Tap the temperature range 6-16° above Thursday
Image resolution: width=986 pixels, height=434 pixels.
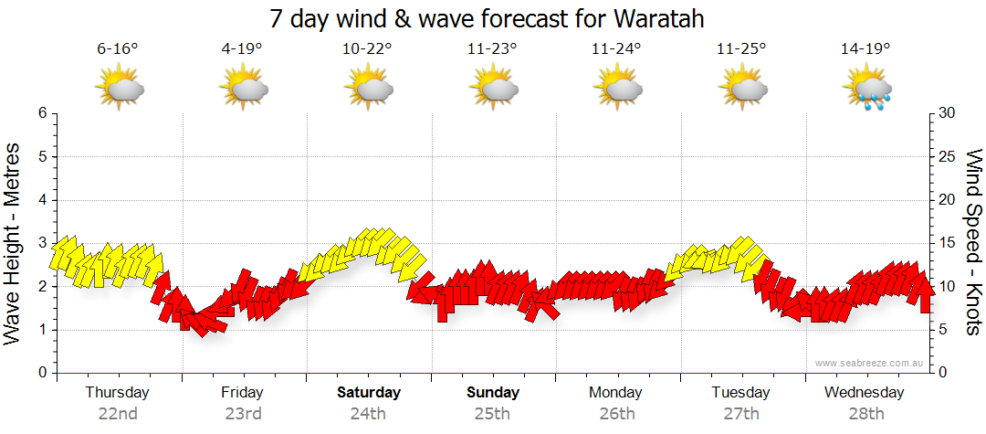point(118,49)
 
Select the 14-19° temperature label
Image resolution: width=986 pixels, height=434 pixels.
point(865,49)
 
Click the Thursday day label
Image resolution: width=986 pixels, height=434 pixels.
point(118,392)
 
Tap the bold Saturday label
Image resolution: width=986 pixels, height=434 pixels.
point(368,392)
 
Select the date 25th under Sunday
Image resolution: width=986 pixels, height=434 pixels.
point(492,413)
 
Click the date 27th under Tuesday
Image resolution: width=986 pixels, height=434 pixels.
point(741,413)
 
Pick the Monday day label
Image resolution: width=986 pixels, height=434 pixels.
point(616,392)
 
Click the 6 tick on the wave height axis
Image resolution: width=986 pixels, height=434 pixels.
point(42,113)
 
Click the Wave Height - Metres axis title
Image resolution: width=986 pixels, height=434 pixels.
point(14,242)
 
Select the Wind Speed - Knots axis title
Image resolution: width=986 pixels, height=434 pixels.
point(972,242)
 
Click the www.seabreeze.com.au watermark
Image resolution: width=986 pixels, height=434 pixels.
point(869,363)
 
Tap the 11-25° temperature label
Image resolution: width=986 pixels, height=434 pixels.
point(740,49)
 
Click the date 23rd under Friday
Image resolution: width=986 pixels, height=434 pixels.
point(243,413)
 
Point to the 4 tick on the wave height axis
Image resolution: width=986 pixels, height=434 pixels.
point(42,200)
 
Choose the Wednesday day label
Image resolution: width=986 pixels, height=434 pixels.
point(864,392)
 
